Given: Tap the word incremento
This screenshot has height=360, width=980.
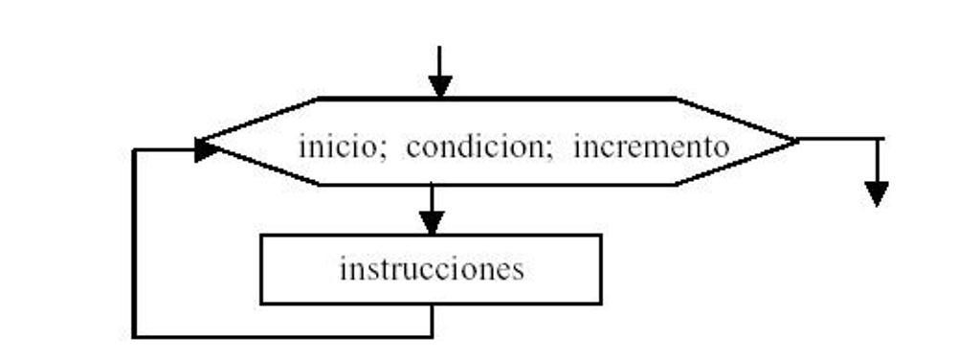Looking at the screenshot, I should pos(651,148).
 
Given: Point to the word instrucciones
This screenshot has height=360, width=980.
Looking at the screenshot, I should pos(432,269).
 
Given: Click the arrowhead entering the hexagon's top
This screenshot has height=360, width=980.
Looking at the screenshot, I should pos(440,86).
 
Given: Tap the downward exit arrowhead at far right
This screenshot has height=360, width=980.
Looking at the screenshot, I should pos(876,193).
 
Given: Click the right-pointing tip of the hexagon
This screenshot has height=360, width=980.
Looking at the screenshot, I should pos(796,140).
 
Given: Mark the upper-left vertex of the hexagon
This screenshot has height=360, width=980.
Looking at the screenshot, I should pos(319,98).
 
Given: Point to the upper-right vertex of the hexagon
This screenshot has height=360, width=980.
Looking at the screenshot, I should pos(675,98).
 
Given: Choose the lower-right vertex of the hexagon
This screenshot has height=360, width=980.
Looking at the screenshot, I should pos(675,184).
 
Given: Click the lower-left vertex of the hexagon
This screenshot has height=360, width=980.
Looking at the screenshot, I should pos(319,184).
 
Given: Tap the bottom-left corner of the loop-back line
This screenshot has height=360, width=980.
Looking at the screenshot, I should pos(134,336).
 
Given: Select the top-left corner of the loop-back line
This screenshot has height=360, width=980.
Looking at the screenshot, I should pos(134,149).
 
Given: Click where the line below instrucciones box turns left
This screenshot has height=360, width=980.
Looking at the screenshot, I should pos(432,336).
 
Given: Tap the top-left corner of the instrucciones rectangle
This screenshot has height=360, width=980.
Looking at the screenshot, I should pos(261,236).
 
